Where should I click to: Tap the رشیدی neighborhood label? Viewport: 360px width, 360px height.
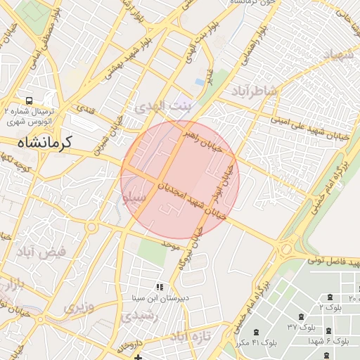point(140,317)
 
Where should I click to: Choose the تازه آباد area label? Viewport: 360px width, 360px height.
point(188,337)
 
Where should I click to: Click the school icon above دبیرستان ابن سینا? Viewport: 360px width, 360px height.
point(160,287)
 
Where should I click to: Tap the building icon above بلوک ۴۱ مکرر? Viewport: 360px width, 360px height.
point(255,332)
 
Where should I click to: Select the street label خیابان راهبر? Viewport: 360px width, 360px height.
point(201,139)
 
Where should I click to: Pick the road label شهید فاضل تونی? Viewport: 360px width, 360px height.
point(337,262)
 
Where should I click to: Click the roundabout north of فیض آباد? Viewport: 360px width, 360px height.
point(90,226)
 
